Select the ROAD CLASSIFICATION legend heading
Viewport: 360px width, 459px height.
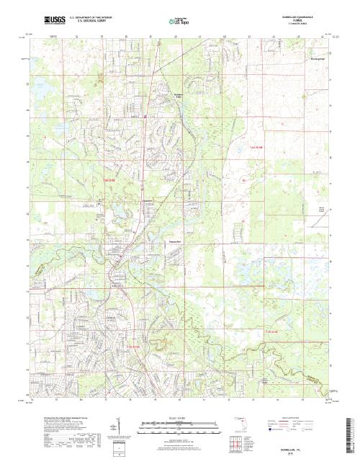click(x=300, y=417)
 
